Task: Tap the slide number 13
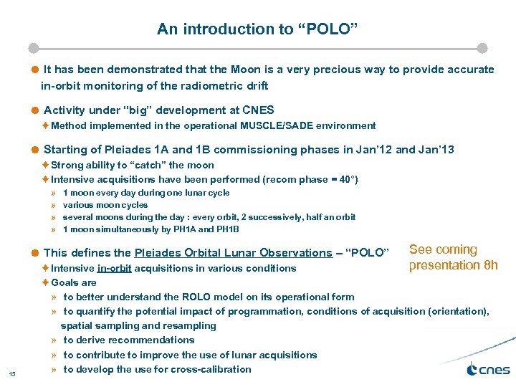pyautogui.click(x=12, y=374)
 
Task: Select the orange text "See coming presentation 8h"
pyautogui.click(x=453, y=257)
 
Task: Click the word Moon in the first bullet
pyautogui.click(x=246, y=70)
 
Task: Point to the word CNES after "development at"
pyautogui.click(x=258, y=110)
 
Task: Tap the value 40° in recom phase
pyautogui.click(x=347, y=179)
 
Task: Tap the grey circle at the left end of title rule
pyautogui.click(x=33, y=48)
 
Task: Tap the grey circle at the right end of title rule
pyautogui.click(x=482, y=48)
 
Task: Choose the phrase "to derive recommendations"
pyautogui.click(x=128, y=340)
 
